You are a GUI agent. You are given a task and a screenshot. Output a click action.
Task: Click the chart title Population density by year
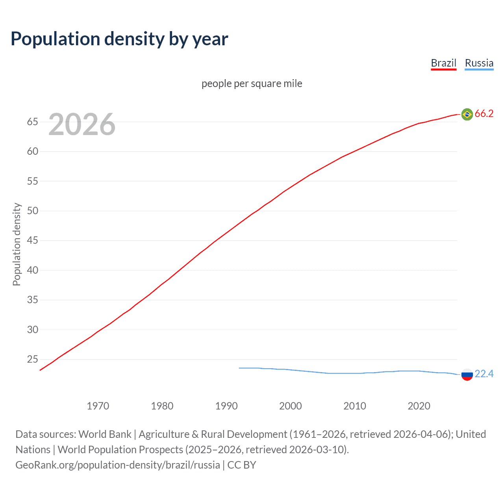pyautogui.click(x=119, y=39)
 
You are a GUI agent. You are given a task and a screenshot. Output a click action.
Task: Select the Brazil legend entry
pyautogui.click(x=443, y=63)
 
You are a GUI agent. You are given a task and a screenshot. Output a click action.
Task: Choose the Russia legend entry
pyautogui.click(x=479, y=63)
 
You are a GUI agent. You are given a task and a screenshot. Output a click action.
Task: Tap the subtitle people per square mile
pyautogui.click(x=252, y=83)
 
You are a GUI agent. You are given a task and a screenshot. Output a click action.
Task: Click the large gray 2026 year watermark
pyautogui.click(x=82, y=124)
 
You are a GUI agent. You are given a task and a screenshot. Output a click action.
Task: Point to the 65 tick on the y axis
pyautogui.click(x=32, y=122)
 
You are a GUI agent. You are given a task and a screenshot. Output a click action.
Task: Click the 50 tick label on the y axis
pyautogui.click(x=32, y=211)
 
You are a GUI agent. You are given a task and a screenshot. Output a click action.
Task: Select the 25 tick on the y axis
pyautogui.click(x=32, y=359)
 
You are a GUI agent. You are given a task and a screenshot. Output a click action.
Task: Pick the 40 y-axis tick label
pyautogui.click(x=32, y=271)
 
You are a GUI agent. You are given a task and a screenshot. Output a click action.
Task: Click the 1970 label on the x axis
pyautogui.click(x=98, y=406)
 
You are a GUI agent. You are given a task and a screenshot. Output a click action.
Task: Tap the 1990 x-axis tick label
pyautogui.click(x=226, y=406)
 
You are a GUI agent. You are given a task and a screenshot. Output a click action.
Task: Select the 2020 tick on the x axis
pyautogui.click(x=419, y=406)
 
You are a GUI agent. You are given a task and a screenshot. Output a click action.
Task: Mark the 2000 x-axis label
pyautogui.click(x=290, y=406)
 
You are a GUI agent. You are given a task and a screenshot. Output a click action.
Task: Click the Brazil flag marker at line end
pyautogui.click(x=467, y=114)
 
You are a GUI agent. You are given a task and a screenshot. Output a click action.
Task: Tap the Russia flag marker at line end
pyautogui.click(x=467, y=374)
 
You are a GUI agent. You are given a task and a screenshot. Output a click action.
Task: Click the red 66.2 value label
pyautogui.click(x=484, y=114)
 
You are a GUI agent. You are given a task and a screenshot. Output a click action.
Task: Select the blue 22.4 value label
pyautogui.click(x=484, y=374)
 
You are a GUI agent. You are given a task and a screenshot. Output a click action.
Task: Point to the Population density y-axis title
pyautogui.click(x=17, y=244)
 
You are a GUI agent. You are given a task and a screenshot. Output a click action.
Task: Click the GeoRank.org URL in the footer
pyautogui.click(x=118, y=465)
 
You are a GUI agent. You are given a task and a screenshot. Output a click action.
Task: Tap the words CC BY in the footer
pyautogui.click(x=242, y=465)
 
